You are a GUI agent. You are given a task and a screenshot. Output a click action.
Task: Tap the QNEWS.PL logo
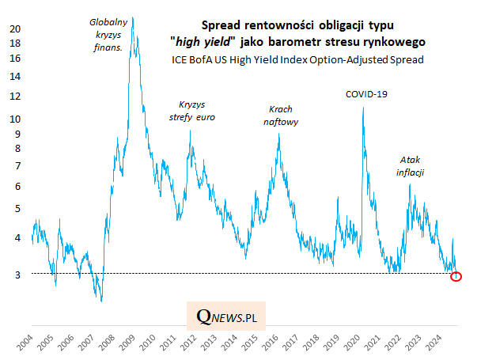point(231,316)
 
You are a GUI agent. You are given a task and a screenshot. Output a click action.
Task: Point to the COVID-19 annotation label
point(366,94)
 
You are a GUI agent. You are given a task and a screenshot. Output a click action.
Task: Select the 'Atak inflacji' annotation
point(412,165)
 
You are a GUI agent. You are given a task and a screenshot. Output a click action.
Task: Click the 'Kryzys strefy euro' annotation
point(192,111)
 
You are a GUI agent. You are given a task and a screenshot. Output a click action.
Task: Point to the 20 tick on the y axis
point(14,28)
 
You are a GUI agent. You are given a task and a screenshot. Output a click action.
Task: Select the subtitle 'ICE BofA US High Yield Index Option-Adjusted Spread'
point(297,59)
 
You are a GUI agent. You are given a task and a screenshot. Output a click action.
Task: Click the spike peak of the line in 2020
point(363,108)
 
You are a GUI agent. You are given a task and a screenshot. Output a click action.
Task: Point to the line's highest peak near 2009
point(132,17)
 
